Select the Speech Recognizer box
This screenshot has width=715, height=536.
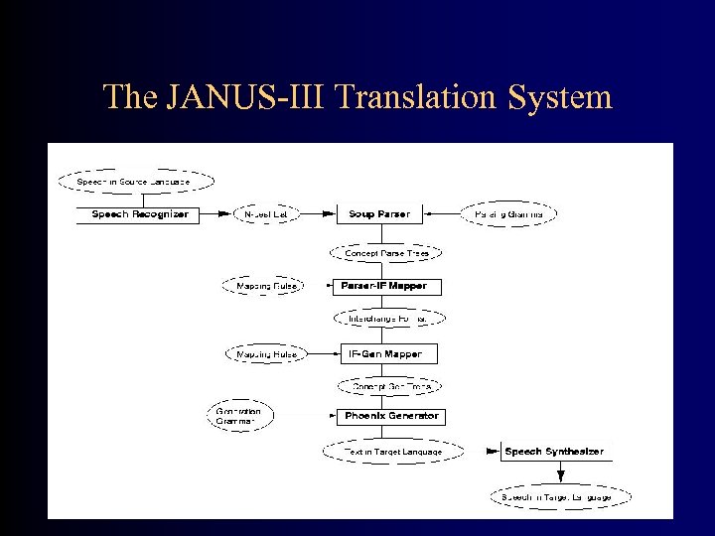139,214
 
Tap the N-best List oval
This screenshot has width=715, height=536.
265,214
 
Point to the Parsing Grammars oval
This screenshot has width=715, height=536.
508,214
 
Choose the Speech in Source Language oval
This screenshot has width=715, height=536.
134,182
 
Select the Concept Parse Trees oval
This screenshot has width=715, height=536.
386,253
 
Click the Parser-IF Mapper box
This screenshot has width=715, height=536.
384,286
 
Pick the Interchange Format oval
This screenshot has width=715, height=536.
389,319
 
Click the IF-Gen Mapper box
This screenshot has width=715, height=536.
384,353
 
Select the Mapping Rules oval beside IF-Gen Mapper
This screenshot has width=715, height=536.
262,353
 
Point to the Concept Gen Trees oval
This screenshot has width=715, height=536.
389,386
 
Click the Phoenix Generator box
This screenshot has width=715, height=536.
390,417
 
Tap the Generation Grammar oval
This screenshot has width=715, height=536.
241,416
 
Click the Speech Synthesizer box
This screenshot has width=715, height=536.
553,452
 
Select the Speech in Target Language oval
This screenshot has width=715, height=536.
562,494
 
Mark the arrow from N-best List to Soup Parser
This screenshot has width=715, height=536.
316,214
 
